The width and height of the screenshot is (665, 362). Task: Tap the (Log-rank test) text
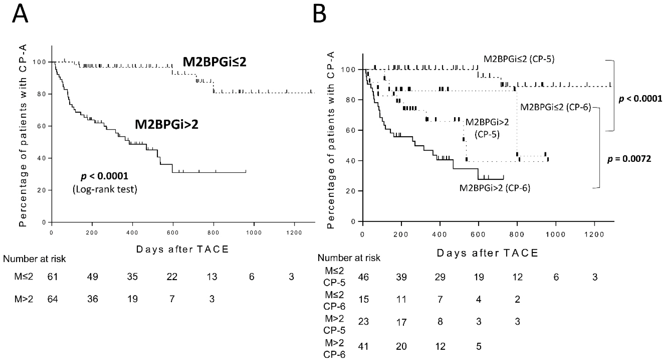(105, 189)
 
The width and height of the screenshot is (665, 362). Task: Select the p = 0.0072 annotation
(629, 159)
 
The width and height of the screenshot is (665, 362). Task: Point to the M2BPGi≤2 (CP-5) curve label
(519, 59)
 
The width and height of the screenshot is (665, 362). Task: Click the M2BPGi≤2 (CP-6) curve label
(556, 107)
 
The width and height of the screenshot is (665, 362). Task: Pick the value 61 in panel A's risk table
(52, 277)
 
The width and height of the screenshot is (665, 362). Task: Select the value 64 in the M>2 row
(52, 299)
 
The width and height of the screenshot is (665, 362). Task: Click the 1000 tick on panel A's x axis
(254, 233)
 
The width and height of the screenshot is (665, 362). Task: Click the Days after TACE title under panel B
(487, 253)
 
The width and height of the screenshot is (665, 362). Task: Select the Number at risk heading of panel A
(34, 259)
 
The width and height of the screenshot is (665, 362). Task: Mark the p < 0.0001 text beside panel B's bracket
(640, 99)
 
